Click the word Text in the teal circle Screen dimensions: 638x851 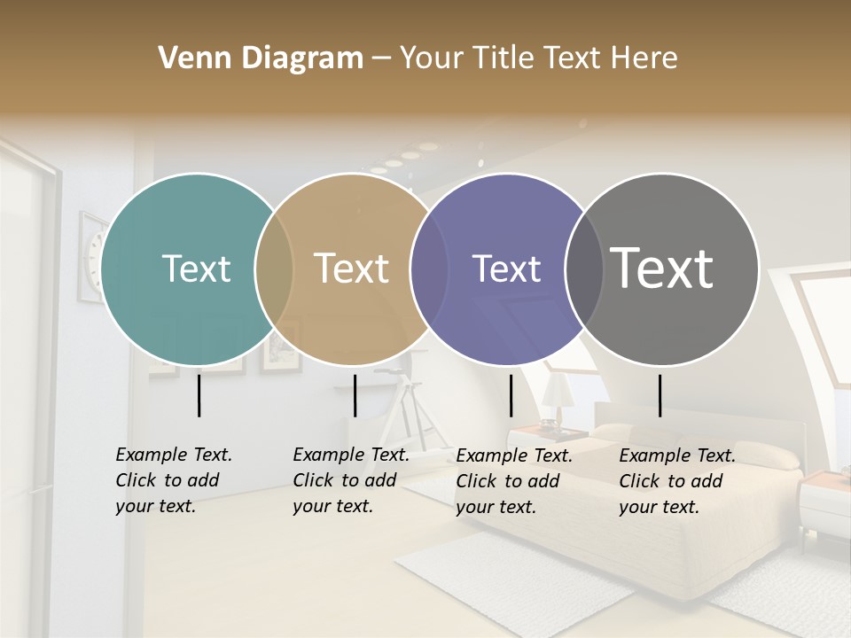tap(196, 268)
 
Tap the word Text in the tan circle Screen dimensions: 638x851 tap(352, 268)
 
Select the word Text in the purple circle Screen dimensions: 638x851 tap(507, 268)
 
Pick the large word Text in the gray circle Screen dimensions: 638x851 tap(662, 268)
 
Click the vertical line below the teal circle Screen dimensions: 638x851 tap(199, 395)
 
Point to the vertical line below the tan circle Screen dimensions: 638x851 tap(355, 395)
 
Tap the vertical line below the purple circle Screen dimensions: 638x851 tap(511, 395)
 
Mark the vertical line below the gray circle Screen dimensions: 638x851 tap(660, 395)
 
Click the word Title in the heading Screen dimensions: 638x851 tap(508, 58)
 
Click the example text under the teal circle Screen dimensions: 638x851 tap(173, 480)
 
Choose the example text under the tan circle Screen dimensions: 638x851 tap(350, 480)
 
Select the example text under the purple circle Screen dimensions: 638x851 tap(513, 481)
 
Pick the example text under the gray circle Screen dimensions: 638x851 tap(676, 481)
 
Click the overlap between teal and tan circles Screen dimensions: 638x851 tap(274, 268)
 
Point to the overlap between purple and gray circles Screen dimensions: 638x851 tap(584, 268)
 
